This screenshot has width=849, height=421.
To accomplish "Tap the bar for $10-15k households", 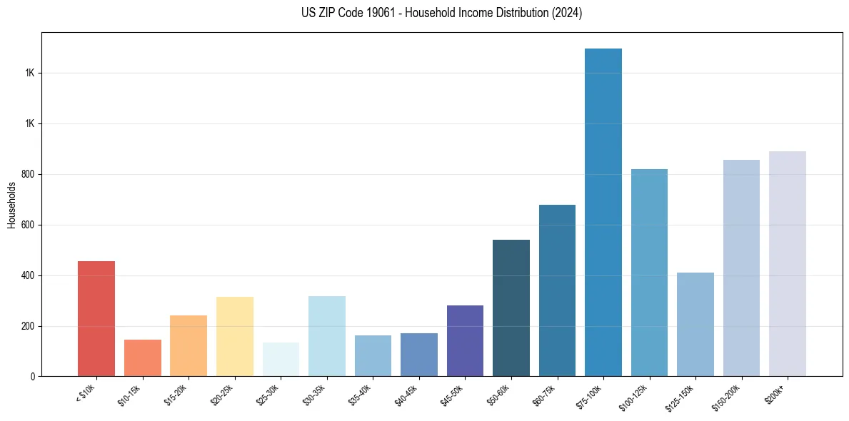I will pyautogui.click(x=142, y=358).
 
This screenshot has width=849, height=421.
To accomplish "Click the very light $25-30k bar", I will pyautogui.click(x=281, y=360).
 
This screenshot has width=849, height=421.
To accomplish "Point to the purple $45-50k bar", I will pyautogui.click(x=465, y=341).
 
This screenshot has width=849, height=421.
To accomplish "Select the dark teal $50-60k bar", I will pyautogui.click(x=511, y=308).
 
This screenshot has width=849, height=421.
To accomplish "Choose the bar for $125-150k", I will pyautogui.click(x=695, y=325).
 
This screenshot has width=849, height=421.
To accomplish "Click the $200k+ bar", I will pyautogui.click(x=787, y=264).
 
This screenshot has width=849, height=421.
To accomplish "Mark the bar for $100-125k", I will pyautogui.click(x=649, y=273).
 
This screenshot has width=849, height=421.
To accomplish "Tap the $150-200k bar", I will pyautogui.click(x=741, y=268).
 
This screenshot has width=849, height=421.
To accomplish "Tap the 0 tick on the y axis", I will pyautogui.click(x=32, y=377).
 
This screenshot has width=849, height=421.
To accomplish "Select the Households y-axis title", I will pyautogui.click(x=11, y=205).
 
